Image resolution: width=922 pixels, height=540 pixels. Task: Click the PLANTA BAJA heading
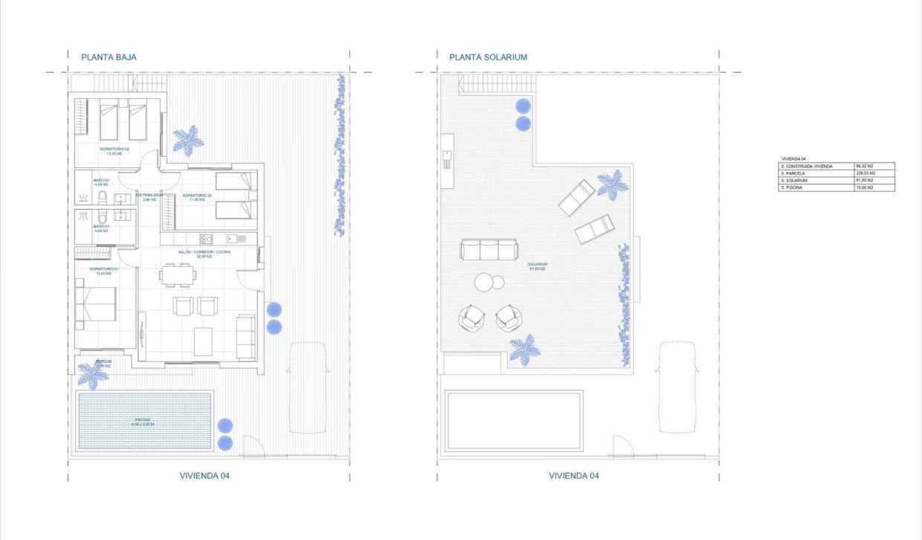pos(109,57)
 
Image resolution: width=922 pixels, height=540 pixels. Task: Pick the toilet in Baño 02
pos(103,197)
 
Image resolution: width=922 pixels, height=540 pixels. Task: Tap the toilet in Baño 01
pos(102,218)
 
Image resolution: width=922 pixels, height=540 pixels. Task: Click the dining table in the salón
pos(178,276)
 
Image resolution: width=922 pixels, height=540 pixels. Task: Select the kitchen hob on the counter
pos(206,239)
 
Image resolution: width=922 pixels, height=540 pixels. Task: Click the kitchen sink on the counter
pos(237,239)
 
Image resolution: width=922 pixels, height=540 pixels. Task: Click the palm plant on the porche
pos(94,375)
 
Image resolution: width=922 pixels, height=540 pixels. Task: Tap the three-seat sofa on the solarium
pos(489,250)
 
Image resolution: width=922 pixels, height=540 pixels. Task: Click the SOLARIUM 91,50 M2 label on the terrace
pos(538,266)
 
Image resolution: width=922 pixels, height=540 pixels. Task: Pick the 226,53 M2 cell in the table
pos(865,173)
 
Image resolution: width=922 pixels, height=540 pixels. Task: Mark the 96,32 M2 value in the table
pos(865,166)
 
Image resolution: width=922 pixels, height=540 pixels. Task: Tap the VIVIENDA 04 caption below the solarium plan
pos(573,476)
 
